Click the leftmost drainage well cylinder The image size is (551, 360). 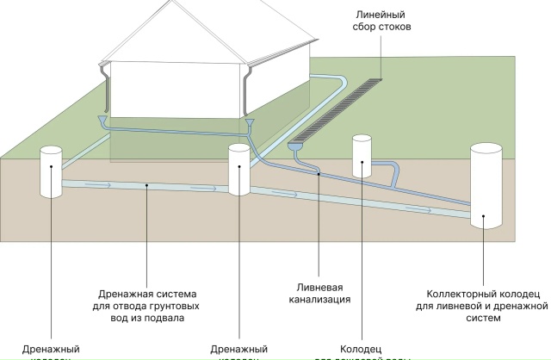pos(50,171)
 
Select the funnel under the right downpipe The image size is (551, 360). pos(250,122)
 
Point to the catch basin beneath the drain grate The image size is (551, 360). pos(298,149)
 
